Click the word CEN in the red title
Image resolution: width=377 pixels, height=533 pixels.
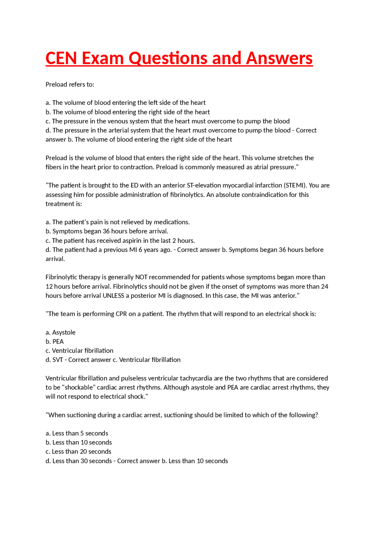[x=61, y=58]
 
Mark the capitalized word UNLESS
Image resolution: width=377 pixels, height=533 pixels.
[x=113, y=296]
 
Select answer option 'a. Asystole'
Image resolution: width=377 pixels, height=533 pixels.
[x=61, y=333]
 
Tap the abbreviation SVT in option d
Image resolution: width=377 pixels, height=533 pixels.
[x=58, y=360]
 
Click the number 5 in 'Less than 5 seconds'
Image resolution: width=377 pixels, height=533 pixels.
[x=82, y=434]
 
